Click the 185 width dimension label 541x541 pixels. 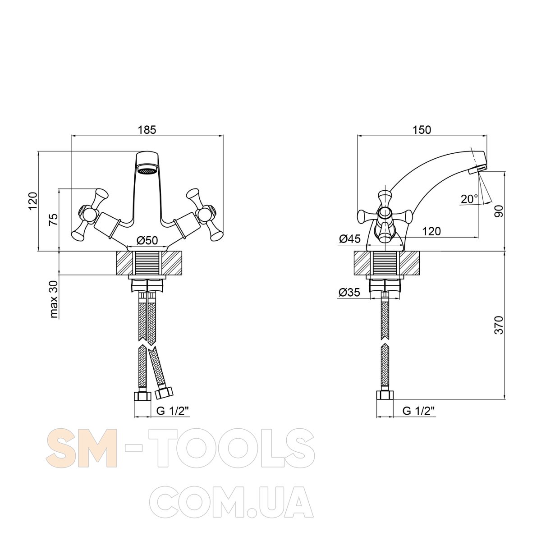(x=147, y=130)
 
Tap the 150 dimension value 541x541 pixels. (x=422, y=130)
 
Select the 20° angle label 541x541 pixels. (x=469, y=199)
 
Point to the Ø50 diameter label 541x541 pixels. (x=147, y=240)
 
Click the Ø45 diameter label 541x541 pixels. (x=349, y=239)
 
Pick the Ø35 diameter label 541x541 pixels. (x=349, y=293)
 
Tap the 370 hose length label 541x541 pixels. (x=499, y=325)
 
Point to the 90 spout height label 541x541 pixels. (x=499, y=211)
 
